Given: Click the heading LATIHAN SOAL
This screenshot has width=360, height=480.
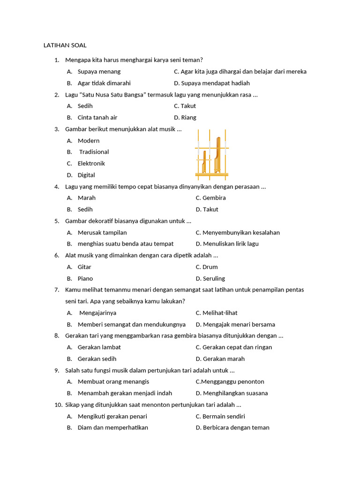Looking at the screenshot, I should tap(65, 45).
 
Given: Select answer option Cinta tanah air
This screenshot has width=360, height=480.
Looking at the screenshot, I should tap(97, 118).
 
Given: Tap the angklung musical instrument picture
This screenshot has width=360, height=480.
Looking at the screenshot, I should tap(212, 153).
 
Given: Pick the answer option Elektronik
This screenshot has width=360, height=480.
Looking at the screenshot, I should tap(91, 164).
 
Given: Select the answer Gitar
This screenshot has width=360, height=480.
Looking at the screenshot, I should tap(84, 267).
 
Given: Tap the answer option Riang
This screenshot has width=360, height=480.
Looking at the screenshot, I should tap(188, 118).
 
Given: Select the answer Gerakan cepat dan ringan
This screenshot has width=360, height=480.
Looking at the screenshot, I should tap(237, 347).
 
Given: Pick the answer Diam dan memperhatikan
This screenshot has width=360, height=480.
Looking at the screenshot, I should tap(112, 427).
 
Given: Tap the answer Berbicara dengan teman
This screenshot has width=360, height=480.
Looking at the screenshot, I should tap(236, 427).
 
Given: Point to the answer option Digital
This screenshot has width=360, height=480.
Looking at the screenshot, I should tap(86, 175).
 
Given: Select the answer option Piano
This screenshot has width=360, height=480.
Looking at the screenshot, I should tap(85, 278).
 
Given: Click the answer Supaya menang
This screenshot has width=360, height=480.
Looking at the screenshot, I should tap(99, 72).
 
